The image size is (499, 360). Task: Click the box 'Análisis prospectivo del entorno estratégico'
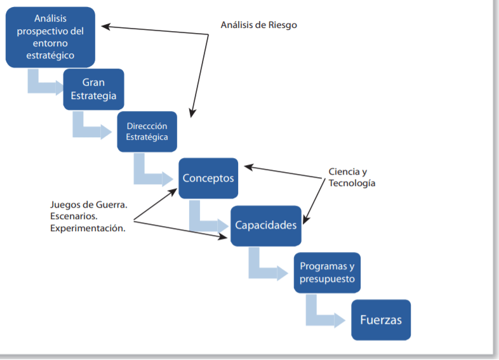pos(50,37)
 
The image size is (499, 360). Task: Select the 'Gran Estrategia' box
pos(93,90)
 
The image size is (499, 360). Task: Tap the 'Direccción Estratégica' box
pos(147,131)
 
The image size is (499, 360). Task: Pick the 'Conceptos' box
pos(208,178)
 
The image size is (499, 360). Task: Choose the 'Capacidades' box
pos(265,225)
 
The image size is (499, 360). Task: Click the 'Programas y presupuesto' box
pos(327,272)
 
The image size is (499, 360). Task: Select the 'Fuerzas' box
pos(381,319)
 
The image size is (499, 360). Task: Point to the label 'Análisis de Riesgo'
pos(258,25)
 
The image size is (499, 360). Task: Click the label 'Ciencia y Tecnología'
pos(352,178)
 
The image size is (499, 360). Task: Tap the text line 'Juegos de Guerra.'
pos(89,205)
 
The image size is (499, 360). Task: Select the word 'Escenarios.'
pos(74,217)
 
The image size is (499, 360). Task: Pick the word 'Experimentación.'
pos(88,228)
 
